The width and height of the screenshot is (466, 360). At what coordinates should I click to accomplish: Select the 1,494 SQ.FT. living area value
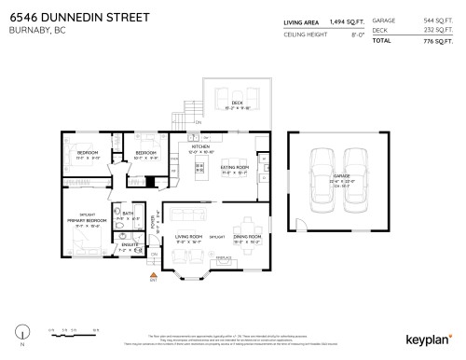(344, 21)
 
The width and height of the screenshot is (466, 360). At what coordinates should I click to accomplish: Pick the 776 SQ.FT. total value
(431, 42)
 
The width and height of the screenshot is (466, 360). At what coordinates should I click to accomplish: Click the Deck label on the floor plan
(237, 102)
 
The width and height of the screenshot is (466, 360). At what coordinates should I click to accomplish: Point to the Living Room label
(189, 237)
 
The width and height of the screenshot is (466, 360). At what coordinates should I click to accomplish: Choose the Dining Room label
(246, 237)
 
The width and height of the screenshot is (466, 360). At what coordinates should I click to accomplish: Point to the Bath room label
(129, 213)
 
